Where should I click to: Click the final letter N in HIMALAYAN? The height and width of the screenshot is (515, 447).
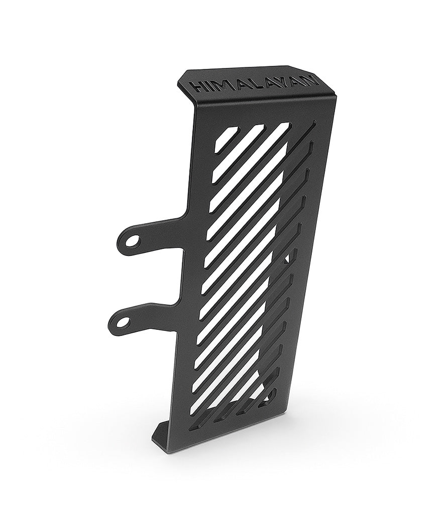click(310, 77)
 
